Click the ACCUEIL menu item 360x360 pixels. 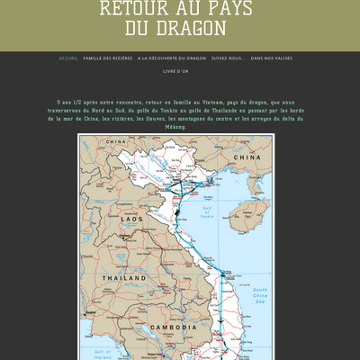tap(68, 58)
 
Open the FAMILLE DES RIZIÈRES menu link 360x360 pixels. tap(107, 58)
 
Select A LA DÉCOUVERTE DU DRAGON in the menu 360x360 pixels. tap(172, 58)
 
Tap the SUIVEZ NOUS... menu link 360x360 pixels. tap(228, 58)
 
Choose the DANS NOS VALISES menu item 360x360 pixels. tap(271, 58)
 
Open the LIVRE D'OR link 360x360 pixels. tap(176, 71)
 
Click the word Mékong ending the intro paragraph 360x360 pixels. tap(176, 127)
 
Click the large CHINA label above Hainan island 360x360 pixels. tap(247, 157)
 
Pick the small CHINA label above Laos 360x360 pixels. tap(115, 142)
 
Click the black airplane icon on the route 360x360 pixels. tap(219, 320)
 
